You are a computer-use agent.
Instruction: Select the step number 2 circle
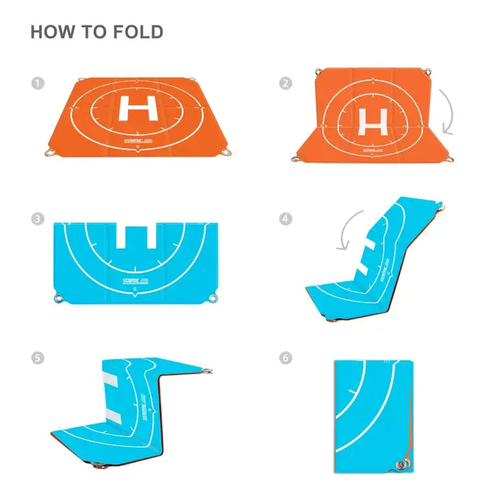(285, 83)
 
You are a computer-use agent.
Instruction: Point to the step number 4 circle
(285, 219)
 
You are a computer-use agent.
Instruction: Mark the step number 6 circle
(285, 358)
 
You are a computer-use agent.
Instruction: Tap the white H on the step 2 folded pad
(373, 121)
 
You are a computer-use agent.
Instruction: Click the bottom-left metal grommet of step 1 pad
(50, 153)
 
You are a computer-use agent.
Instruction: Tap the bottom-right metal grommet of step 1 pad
(226, 153)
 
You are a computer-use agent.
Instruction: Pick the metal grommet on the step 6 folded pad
(401, 464)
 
